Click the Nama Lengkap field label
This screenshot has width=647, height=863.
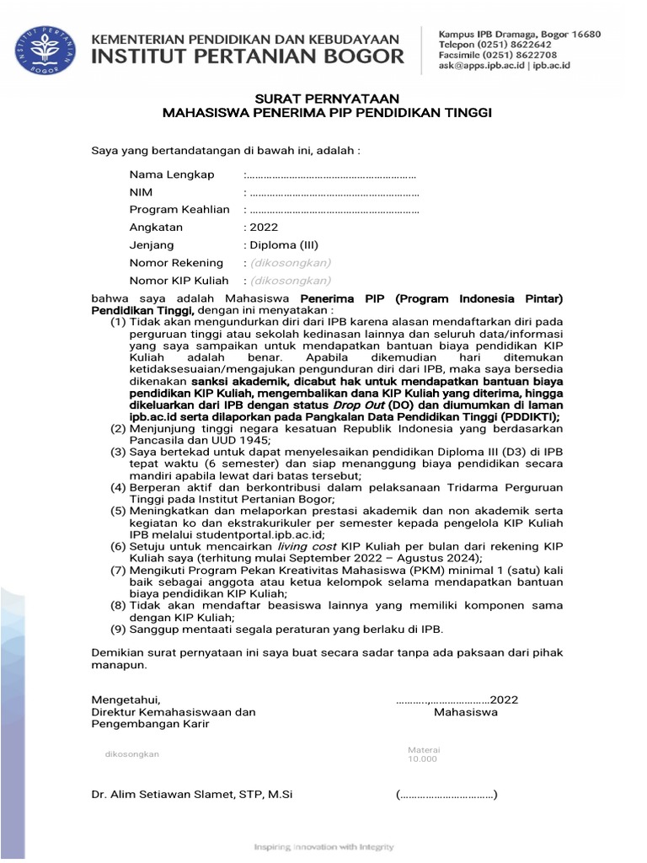tap(171, 174)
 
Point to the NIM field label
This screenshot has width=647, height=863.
tap(140, 192)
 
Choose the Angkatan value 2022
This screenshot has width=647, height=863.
tap(262, 228)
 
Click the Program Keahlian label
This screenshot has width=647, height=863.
tap(179, 210)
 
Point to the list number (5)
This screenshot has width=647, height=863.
tap(119, 510)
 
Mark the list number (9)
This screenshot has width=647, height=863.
tap(119, 629)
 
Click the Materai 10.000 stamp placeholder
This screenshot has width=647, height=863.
tap(424, 754)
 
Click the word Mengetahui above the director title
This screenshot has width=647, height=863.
tap(125, 700)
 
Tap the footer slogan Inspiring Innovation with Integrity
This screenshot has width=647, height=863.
tap(324, 846)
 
